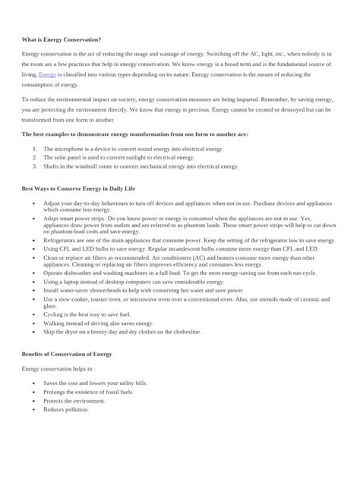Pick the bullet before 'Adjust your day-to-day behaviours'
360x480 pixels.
coord(35,205)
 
